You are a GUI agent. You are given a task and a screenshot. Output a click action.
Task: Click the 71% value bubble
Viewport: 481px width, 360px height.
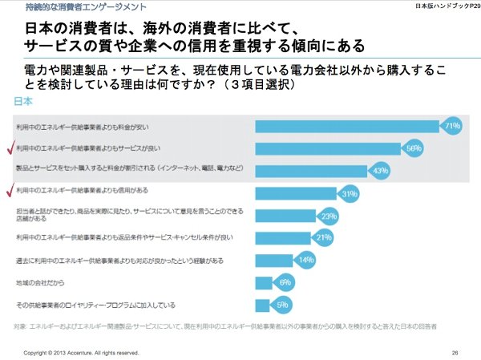pos(451,126)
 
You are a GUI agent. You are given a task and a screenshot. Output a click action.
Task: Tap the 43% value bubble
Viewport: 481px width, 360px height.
pos(380,170)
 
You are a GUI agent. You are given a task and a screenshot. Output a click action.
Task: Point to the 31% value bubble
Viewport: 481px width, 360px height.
pos(349,193)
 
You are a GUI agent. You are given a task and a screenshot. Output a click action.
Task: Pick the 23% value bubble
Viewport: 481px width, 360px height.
pos(329,216)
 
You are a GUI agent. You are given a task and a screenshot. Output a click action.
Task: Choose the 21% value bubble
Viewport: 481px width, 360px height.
pos(324,237)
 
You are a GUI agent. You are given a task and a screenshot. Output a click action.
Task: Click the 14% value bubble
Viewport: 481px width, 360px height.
pos(305,260)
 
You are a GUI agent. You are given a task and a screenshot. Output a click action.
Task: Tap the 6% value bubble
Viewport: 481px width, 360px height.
pos(285,282)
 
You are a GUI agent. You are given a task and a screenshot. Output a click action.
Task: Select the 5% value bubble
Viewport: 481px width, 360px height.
pos(281,305)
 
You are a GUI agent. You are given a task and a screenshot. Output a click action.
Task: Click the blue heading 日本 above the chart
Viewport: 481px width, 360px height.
pos(24,103)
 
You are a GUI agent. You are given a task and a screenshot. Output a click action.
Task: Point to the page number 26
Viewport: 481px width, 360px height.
pos(455,352)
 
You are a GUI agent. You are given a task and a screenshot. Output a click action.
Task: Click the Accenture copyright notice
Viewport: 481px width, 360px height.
pos(81,352)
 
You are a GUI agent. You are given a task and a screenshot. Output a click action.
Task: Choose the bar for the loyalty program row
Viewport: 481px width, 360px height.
pos(264,305)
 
